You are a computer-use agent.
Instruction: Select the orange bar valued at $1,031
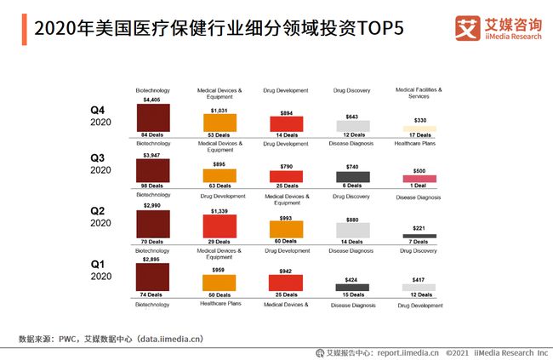(219, 123)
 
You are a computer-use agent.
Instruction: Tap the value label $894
(286, 112)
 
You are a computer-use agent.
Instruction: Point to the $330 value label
(419, 121)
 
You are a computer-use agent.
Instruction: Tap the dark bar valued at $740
(353, 177)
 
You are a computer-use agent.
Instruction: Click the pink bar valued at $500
(419, 179)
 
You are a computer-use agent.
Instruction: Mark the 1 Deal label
(419, 186)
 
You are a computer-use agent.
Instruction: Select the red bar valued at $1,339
(219, 226)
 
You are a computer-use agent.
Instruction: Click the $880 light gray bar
(353, 230)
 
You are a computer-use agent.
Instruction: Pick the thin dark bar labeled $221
(419, 236)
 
